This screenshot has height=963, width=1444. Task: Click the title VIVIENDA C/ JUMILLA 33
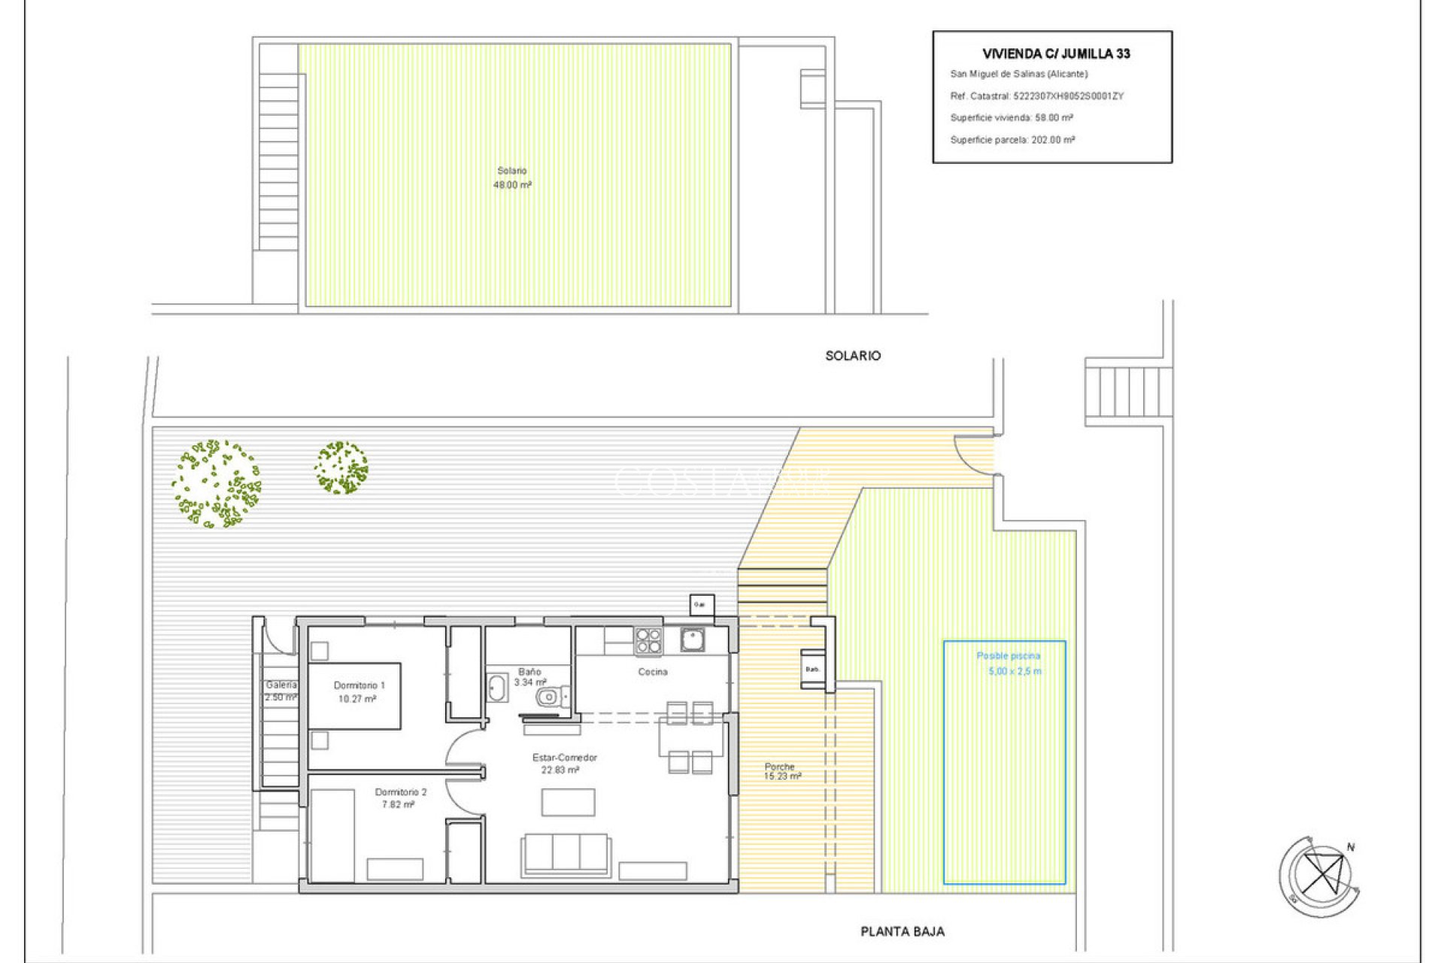(1056, 53)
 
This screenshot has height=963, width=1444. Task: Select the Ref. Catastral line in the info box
(1036, 96)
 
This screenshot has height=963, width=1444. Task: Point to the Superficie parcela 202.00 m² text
(1012, 140)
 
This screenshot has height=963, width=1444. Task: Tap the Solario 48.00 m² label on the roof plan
(512, 178)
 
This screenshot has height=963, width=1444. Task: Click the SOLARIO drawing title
(852, 356)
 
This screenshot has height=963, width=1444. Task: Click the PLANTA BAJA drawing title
(902, 931)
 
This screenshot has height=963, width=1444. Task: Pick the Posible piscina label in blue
(1008, 656)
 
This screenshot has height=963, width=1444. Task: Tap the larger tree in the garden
(216, 483)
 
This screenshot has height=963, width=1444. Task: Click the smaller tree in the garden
(341, 467)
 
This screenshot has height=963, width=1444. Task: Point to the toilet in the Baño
(551, 697)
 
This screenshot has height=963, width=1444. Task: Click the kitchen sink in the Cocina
(693, 639)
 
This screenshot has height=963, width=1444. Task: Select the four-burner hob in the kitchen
(648, 641)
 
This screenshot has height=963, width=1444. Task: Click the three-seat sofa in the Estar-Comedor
(566, 854)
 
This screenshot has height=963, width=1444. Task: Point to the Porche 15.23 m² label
(781, 771)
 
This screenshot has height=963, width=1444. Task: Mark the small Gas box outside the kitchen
(702, 605)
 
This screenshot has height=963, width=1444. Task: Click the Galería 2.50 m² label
(281, 691)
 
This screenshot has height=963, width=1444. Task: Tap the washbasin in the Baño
(497, 688)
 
